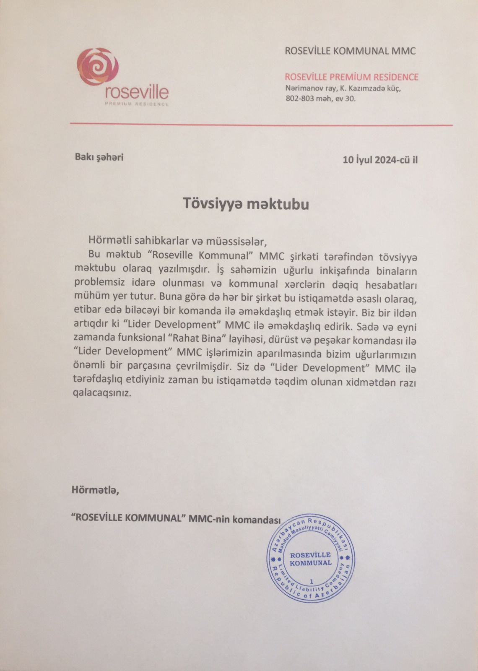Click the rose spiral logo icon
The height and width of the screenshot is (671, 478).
[97, 68]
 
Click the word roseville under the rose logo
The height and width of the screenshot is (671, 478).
[137, 92]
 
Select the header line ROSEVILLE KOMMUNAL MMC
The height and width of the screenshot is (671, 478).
[350, 51]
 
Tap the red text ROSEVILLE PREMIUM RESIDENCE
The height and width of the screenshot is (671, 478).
[351, 77]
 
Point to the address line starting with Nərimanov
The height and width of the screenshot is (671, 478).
[343, 89]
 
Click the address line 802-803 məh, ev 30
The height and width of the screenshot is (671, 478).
[320, 99]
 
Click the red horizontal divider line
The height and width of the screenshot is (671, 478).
[261, 125]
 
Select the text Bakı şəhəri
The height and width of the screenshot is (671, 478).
[99, 158]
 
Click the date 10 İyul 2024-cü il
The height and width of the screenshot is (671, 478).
[380, 160]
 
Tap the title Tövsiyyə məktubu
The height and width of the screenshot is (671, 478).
[246, 204]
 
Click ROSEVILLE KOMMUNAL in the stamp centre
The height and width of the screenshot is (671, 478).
[310, 559]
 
